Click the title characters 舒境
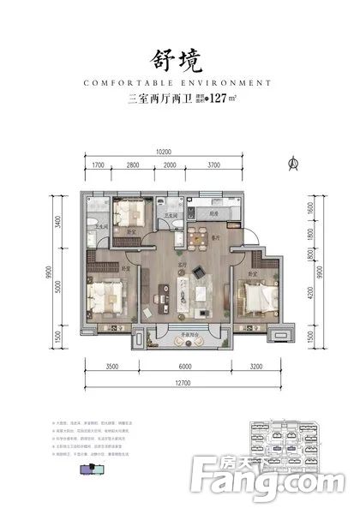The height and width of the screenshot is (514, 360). pyautogui.click(x=180, y=59)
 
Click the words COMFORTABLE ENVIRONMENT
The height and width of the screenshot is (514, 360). pyautogui.click(x=180, y=84)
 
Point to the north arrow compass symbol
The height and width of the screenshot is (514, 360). pyautogui.click(x=294, y=162)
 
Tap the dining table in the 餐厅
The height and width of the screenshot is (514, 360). pyautogui.click(x=199, y=236)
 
